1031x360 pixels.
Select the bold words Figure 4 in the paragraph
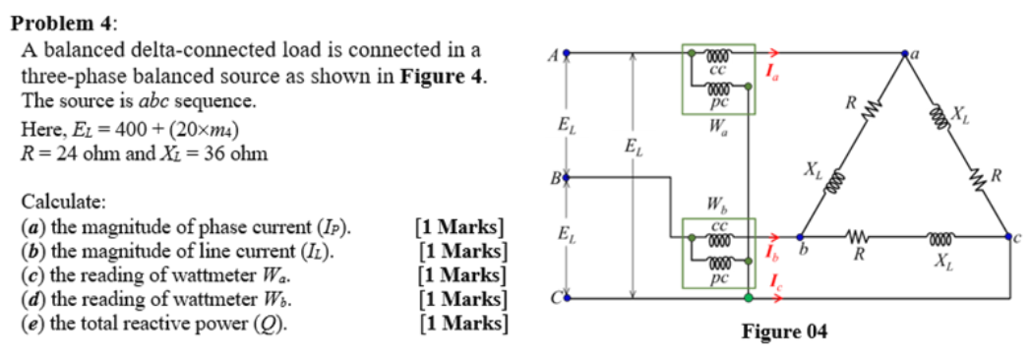coord(443,77)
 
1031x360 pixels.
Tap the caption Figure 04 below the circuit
coord(784,331)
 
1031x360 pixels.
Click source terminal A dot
coord(566,53)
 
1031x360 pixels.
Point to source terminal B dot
coord(566,177)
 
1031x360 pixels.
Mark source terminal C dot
coord(566,296)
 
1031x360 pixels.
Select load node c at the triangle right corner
coord(1009,237)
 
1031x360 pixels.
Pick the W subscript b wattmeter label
coord(718,207)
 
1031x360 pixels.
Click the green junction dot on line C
coord(749,296)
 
